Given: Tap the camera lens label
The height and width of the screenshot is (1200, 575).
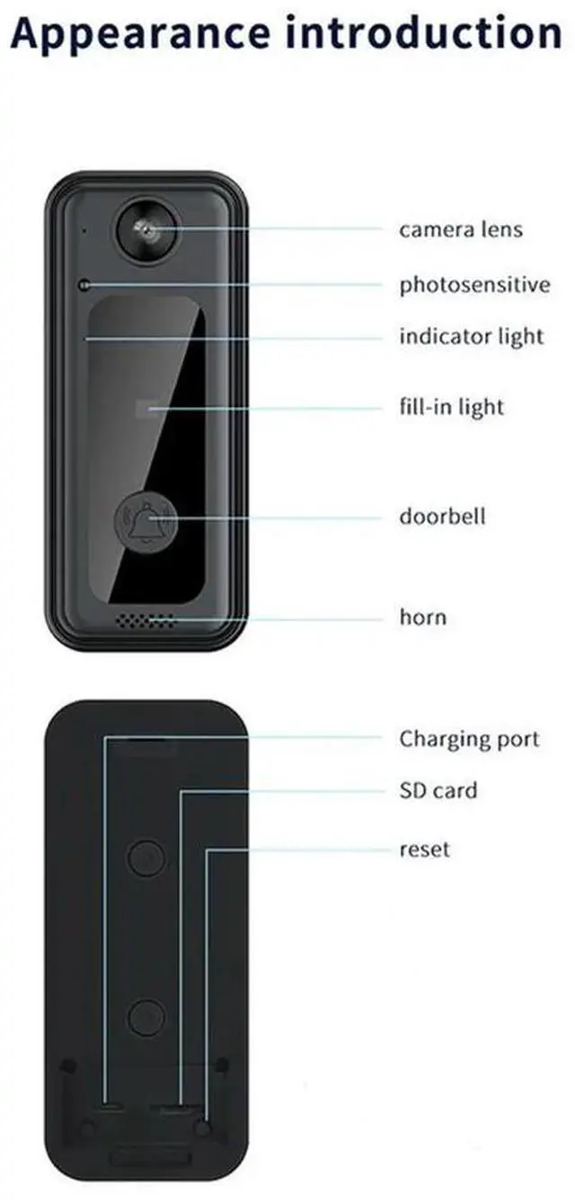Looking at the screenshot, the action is (x=460, y=229).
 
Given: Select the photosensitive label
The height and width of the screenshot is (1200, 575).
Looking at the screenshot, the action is (x=474, y=286).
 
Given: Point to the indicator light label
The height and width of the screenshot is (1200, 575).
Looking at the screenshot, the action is (x=472, y=337).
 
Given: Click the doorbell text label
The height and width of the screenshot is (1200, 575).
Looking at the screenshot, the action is (x=442, y=517).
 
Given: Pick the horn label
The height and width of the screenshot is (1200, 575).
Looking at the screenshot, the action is (x=422, y=618).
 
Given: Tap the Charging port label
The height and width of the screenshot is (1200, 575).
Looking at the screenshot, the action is (x=469, y=739).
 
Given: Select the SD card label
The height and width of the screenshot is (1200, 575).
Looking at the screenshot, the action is (x=438, y=791).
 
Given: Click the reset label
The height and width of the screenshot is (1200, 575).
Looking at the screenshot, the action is (x=424, y=849).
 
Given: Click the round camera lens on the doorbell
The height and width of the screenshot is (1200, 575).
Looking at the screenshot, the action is (x=144, y=230).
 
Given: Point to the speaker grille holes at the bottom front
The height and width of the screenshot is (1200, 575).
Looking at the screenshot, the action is (x=145, y=621).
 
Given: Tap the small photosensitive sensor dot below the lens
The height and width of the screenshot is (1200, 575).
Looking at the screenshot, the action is (x=84, y=286).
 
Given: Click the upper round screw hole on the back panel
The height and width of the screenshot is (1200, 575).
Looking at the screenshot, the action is (x=146, y=858).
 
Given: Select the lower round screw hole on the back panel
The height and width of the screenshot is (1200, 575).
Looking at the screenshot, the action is (x=146, y=1018).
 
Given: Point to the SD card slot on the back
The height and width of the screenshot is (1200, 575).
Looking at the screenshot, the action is (x=176, y=1103).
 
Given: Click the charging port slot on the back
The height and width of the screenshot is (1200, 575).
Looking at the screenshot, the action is (x=113, y=1103).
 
